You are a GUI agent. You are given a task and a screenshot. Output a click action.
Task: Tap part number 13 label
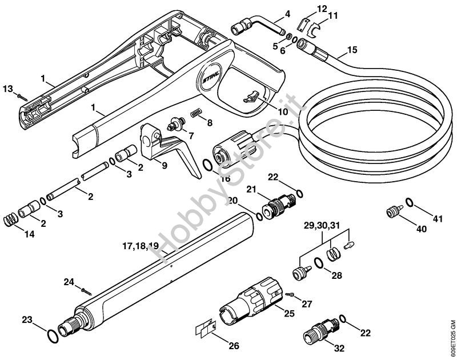(7, 88)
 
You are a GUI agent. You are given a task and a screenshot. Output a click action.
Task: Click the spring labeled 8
(195, 114)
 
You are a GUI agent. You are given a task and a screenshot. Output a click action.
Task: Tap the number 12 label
(322, 9)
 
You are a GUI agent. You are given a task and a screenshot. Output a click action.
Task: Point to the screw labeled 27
(291, 294)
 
